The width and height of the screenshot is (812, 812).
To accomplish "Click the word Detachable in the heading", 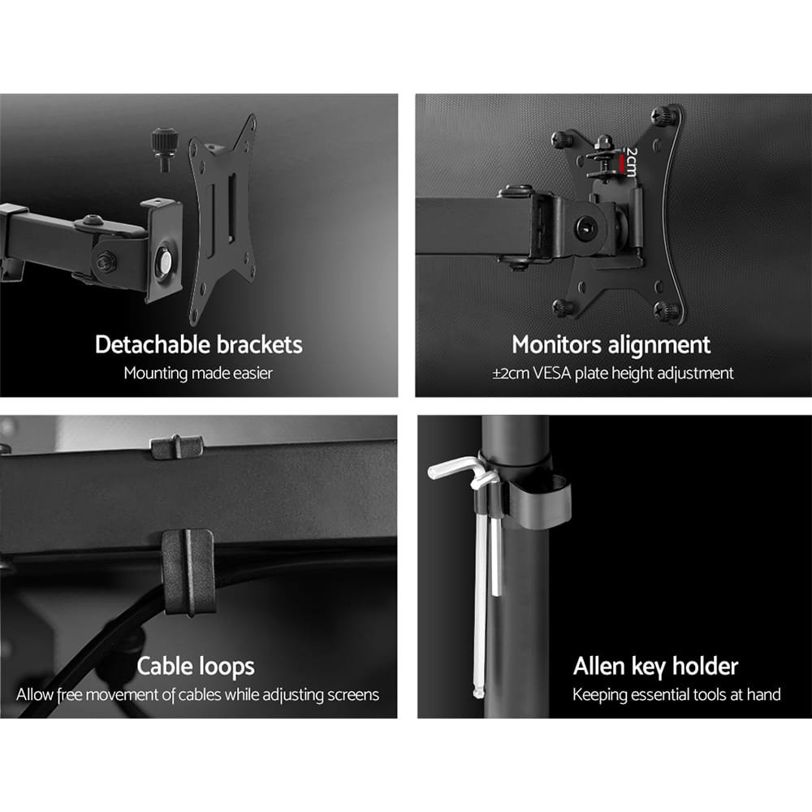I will [153, 344].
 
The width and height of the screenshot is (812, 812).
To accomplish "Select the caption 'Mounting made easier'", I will [198, 374].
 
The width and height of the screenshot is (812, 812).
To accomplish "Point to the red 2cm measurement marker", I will [623, 165].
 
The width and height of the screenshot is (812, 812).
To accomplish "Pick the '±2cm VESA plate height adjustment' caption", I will [612, 374].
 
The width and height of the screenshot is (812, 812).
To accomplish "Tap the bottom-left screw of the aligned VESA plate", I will [561, 307].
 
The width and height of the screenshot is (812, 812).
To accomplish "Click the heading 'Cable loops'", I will [196, 667].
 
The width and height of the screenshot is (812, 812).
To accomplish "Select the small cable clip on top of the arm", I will [176, 446].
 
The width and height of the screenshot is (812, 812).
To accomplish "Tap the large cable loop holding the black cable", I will [188, 572].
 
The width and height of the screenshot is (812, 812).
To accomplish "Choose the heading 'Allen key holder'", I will [655, 667].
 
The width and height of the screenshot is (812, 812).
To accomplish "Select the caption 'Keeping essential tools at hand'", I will [676, 695].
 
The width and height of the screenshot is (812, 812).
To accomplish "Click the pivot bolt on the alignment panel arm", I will [585, 227].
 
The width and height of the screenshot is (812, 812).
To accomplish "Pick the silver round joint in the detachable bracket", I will [164, 264].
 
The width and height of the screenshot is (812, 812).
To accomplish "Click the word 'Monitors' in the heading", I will [552, 344].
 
